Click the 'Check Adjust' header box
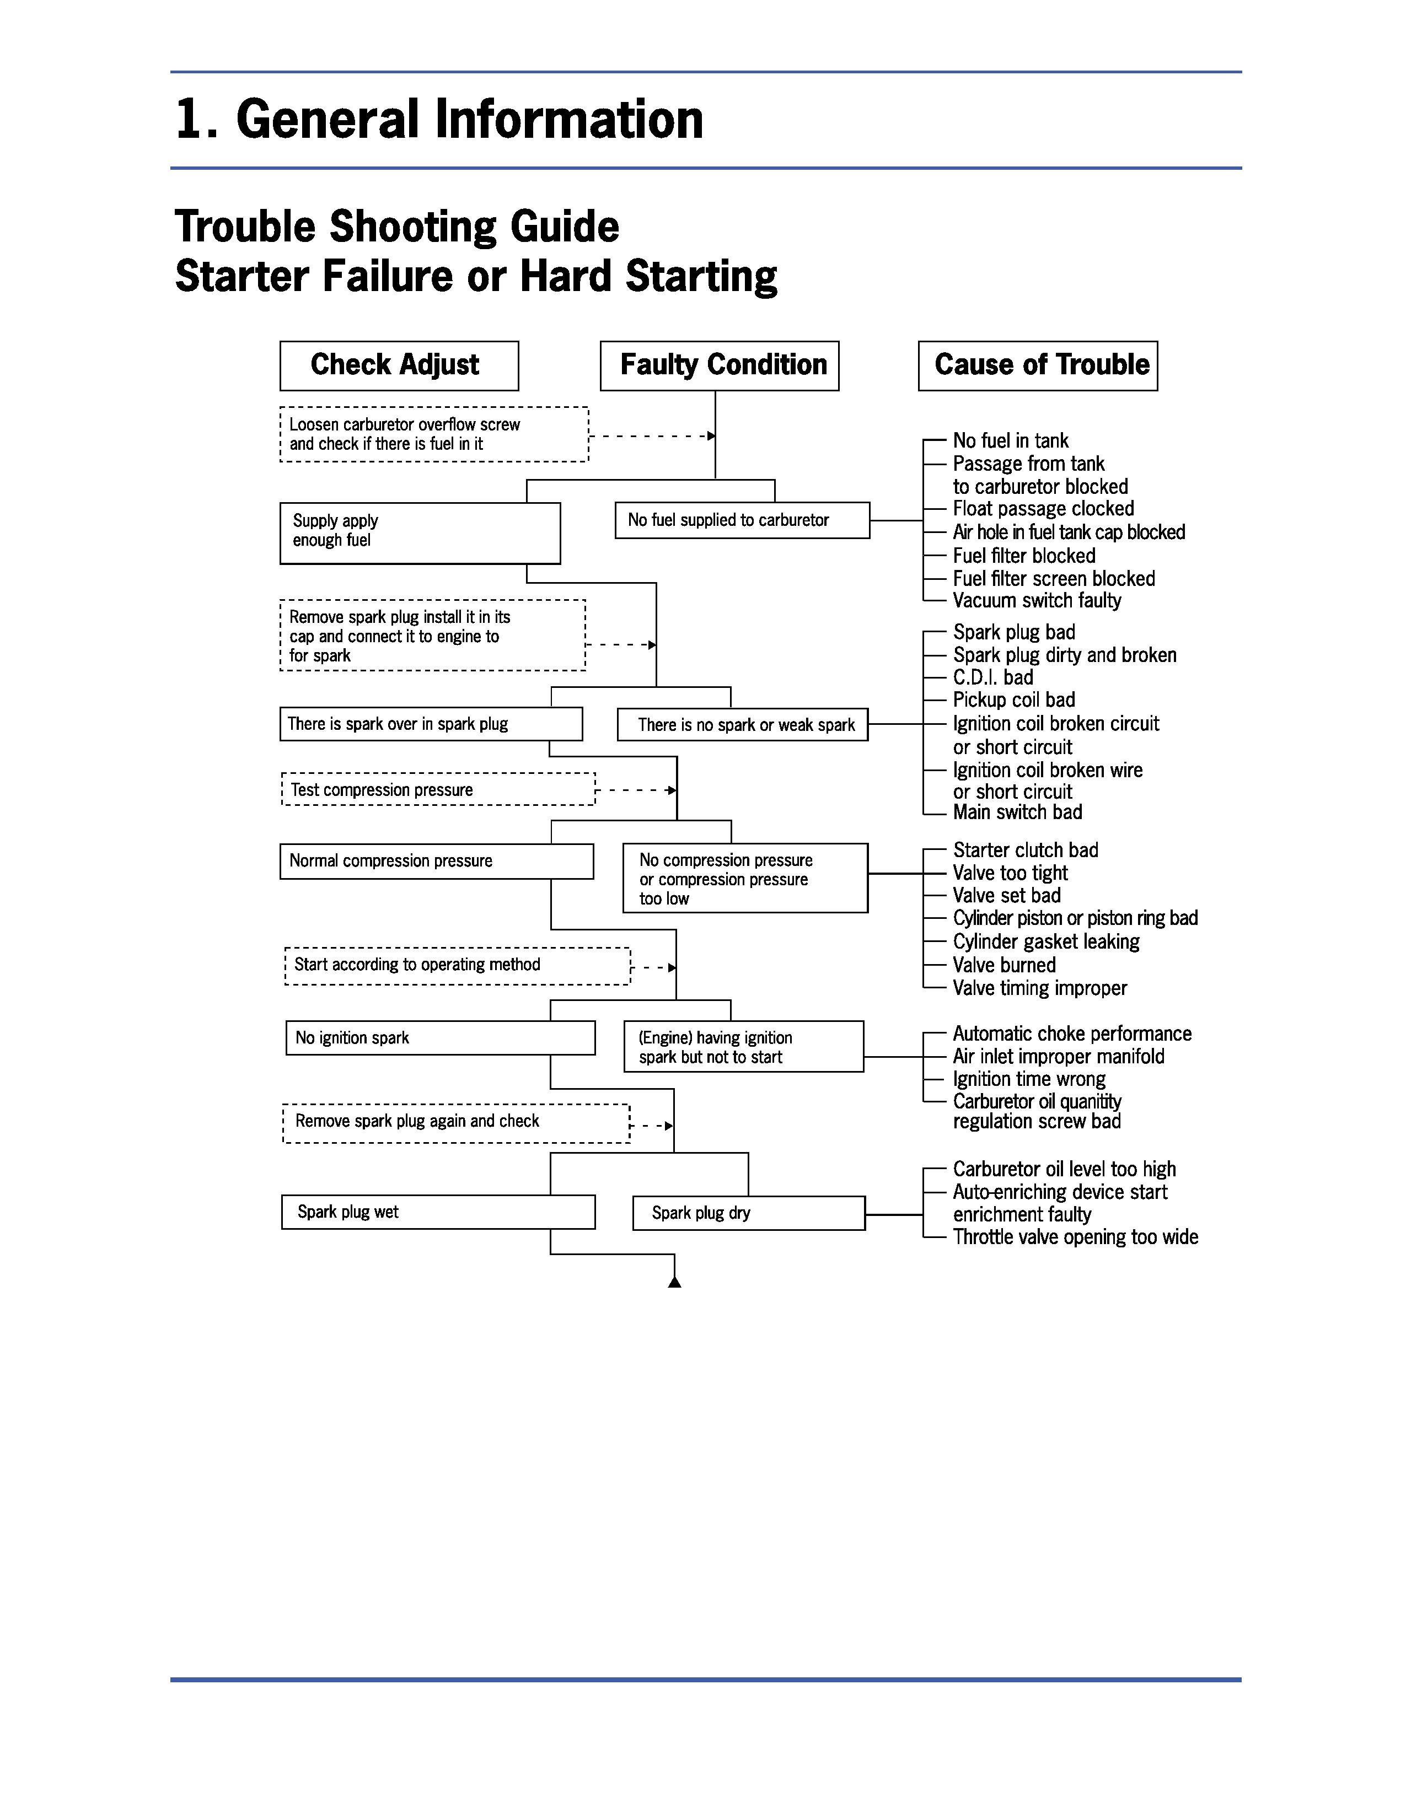399,365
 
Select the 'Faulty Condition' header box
720,365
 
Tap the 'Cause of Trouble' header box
1038,365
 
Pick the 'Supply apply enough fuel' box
420,533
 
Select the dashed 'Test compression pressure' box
439,789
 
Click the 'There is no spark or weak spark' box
742,725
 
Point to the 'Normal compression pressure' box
437,861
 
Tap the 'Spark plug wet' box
438,1213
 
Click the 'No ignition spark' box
440,1038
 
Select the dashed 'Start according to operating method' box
457,966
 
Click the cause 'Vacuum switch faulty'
1037,600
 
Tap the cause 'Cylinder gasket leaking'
1046,942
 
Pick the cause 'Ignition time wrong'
1029,1079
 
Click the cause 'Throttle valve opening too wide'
1075,1237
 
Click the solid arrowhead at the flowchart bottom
675,1282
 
